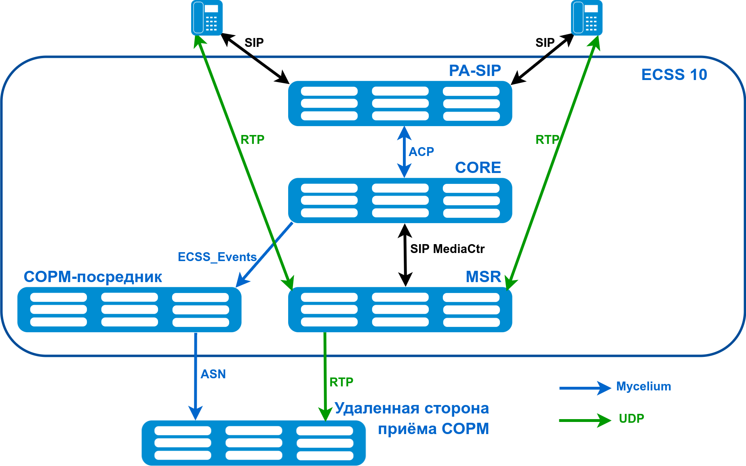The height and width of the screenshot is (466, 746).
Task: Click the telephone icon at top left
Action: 207,18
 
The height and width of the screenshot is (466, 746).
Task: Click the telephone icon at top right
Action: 587,18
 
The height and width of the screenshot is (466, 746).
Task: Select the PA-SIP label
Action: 475,71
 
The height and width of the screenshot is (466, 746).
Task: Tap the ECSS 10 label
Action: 674,75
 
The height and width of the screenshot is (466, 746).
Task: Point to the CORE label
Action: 478,168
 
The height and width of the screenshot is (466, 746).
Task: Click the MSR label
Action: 483,277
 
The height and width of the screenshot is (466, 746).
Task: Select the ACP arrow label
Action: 421,152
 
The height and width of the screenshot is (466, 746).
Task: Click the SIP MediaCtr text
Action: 447,249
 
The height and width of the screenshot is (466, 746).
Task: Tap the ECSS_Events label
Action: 217,257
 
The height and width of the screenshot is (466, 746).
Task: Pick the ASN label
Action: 213,374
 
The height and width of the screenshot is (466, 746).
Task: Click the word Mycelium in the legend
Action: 643,387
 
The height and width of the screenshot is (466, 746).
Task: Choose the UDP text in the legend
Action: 631,419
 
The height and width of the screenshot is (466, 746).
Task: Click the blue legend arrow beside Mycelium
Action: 585,388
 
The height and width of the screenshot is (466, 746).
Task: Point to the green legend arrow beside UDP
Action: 585,420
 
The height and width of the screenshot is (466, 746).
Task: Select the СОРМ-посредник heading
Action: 93,277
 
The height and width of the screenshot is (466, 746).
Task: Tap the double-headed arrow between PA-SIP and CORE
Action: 404,152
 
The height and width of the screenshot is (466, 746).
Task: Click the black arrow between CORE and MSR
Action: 405,255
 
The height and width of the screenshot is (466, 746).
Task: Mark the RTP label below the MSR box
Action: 341,382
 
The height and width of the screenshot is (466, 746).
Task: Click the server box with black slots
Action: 254,443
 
